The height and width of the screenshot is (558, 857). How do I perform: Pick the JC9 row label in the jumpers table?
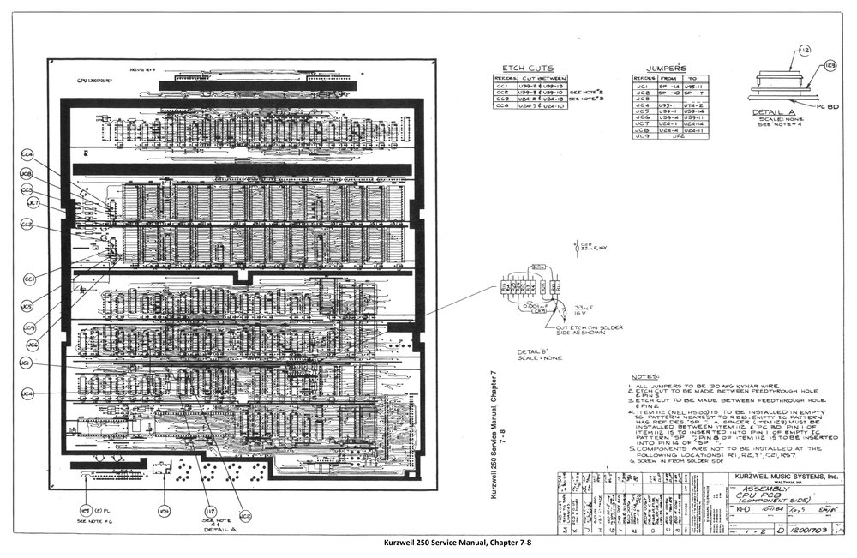(642, 135)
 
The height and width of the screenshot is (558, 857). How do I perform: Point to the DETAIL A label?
(773, 112)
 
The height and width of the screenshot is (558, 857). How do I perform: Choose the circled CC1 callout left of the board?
(30, 279)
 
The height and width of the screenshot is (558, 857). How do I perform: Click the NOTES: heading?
(644, 376)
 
